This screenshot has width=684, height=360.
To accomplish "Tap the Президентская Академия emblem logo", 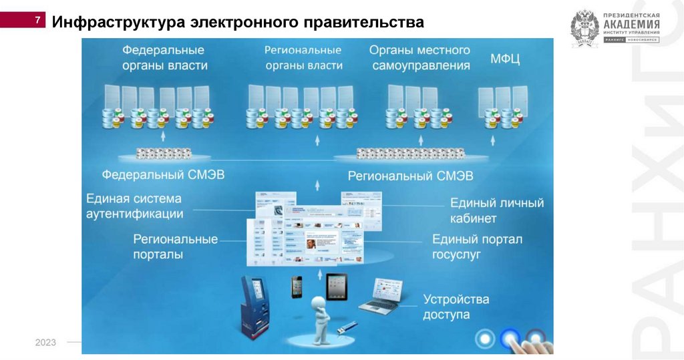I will pos(584,29).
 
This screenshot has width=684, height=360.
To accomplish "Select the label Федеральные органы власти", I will pos(164,57).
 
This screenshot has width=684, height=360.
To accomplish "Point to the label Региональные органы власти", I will pos(303,57).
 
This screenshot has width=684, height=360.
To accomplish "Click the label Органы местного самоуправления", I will pos(420,57).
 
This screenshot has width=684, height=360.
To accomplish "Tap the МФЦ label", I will pos(505,59).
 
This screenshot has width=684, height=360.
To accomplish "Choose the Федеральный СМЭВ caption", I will pos(163,175).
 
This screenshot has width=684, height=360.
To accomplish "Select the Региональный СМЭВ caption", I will pos(410,176).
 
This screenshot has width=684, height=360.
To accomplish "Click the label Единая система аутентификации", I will pos(134,206).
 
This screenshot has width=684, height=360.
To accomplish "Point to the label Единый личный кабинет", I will pos(496,210).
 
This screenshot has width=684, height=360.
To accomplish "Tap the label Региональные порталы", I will pos(175,246).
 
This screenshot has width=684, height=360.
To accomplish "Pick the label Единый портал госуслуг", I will pos(477,246).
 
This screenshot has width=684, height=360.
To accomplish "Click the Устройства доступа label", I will pos(456,307).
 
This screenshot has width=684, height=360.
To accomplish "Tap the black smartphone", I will pos(296,287).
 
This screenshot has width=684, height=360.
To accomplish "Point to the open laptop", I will pos(381,295).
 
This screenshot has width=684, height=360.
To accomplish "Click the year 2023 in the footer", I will pos(45,343).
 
